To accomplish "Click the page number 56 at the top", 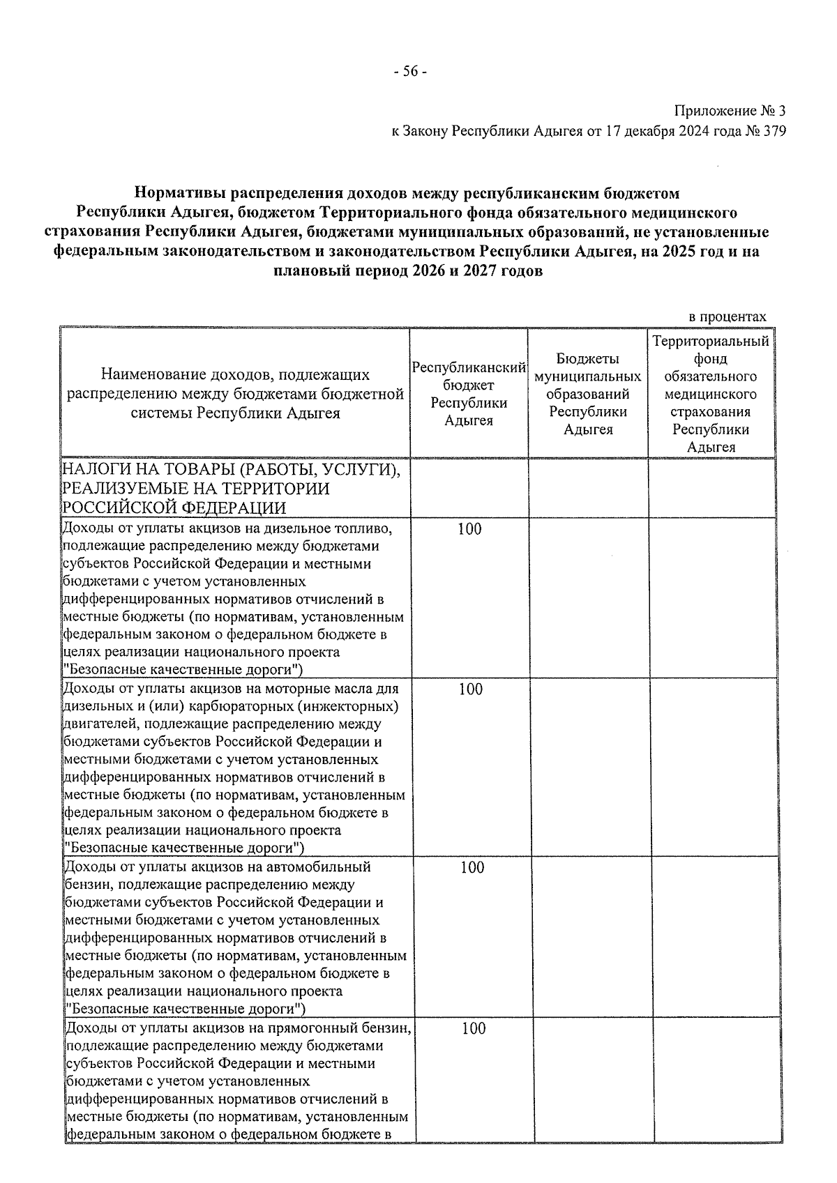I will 410,72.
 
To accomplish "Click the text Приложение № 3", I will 730,111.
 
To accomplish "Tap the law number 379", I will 774,131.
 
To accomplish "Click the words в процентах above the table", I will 727,317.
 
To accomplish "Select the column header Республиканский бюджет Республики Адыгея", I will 469,394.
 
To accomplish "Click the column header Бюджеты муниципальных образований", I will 588,394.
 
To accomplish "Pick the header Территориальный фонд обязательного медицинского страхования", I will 711,394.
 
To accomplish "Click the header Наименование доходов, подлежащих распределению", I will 235,394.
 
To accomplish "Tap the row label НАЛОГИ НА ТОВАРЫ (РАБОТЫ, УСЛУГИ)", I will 231,471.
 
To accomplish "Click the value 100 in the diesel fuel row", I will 469,529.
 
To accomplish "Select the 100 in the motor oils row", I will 471,689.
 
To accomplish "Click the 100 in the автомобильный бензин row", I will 472,867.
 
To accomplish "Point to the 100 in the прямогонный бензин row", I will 474,1028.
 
